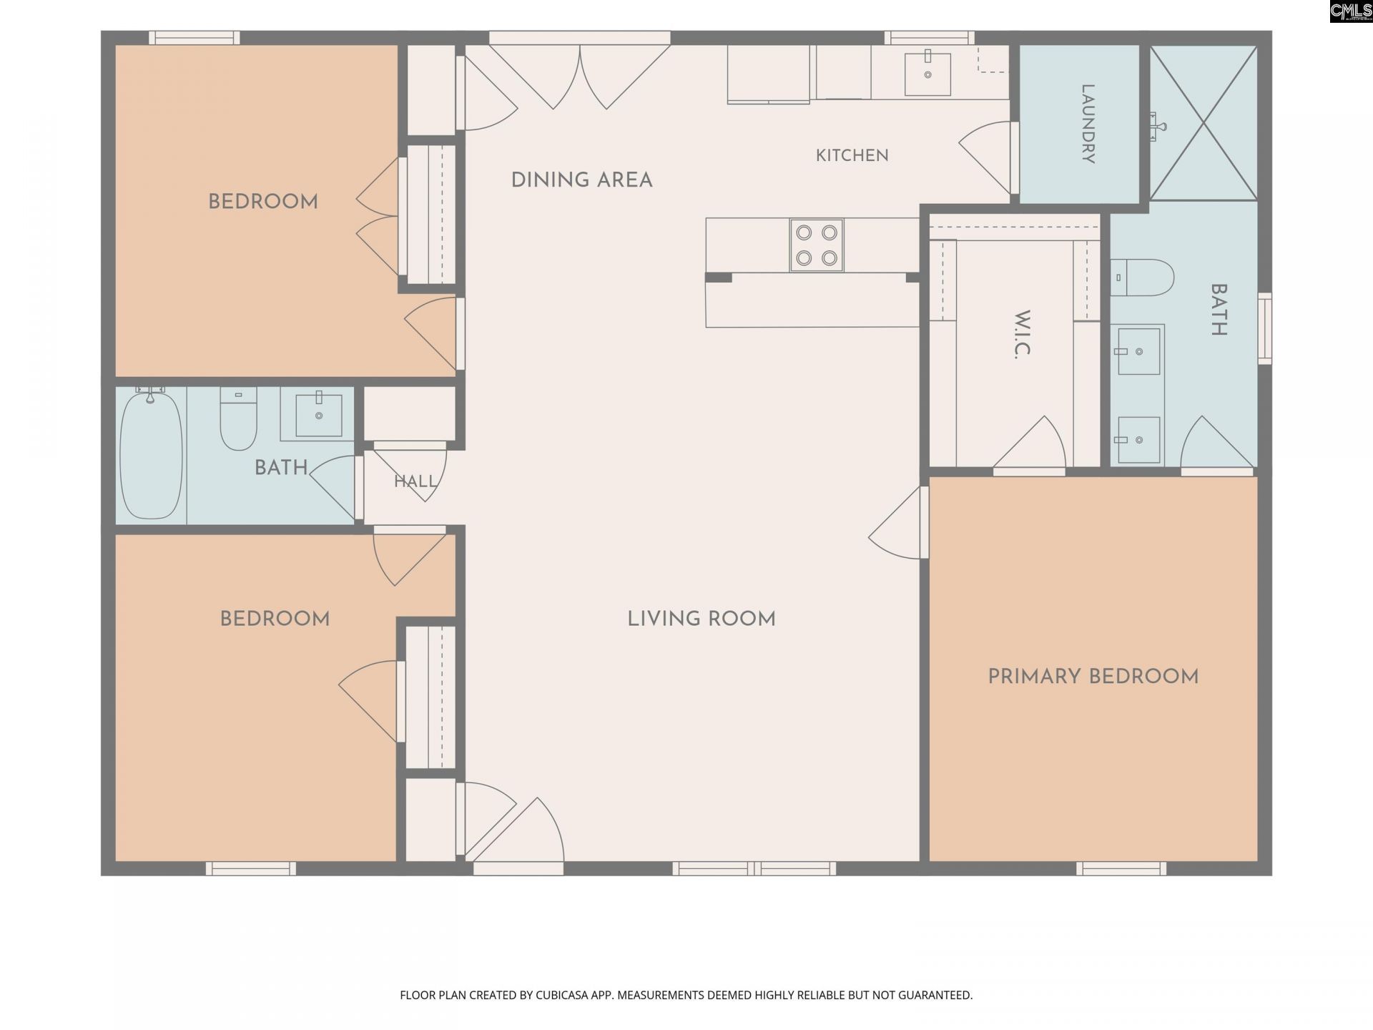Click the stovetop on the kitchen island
coord(817,245)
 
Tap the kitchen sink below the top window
coord(927,74)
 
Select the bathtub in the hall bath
coord(151,455)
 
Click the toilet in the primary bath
coord(1142,278)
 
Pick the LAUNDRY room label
coord(1088,124)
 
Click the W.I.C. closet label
coord(1023,334)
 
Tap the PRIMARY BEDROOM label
coord(1093,677)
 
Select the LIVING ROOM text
coord(702,619)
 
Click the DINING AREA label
coord(581,180)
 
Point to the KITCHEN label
coord(852,155)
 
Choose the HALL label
coord(415,481)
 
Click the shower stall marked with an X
coord(1204,123)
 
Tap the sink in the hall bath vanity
coord(319,414)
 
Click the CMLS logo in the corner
coord(1351,11)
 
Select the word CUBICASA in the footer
coord(566,995)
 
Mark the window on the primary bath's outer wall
coord(1265,328)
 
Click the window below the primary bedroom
coord(1121,868)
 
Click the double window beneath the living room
coord(754,868)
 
